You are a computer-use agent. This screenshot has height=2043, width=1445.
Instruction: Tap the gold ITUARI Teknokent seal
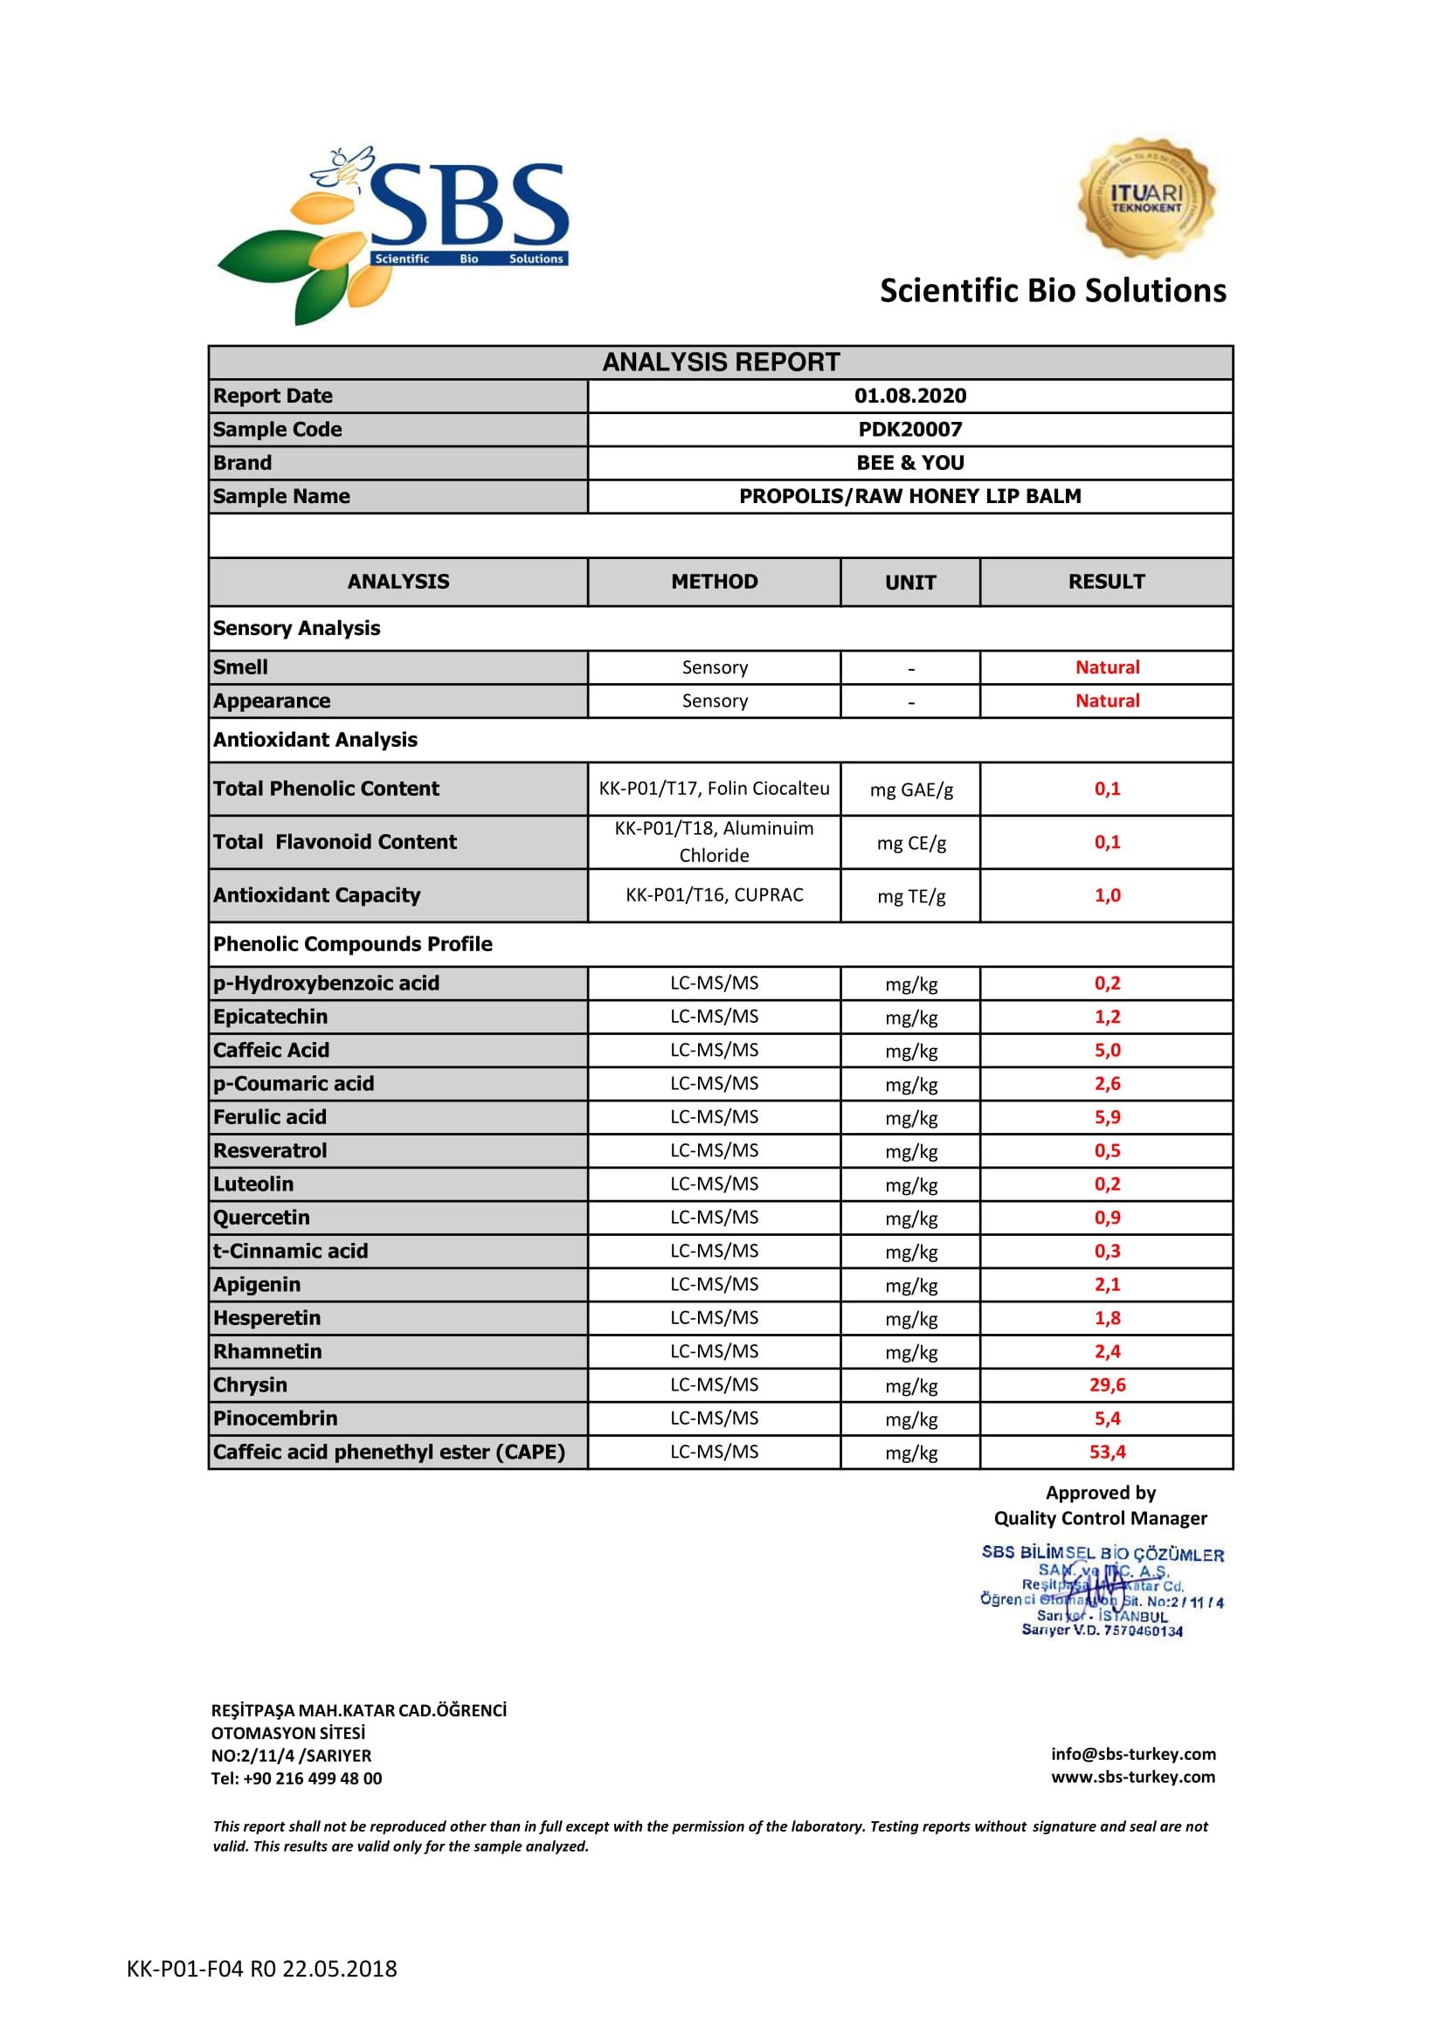point(1145,197)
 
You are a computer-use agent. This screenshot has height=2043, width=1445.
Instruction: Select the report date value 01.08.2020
point(909,396)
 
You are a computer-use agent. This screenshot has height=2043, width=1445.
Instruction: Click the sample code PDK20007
point(909,430)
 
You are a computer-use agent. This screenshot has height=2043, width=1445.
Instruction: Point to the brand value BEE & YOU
point(909,463)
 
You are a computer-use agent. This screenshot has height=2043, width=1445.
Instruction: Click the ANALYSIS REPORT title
point(721,362)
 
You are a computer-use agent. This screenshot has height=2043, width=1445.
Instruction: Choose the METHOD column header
point(714,582)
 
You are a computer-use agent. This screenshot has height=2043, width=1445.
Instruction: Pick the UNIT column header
point(909,583)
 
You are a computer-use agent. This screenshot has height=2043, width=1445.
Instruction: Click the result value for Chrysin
point(1107,1385)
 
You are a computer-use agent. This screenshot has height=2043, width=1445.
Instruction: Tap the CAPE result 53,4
point(1107,1453)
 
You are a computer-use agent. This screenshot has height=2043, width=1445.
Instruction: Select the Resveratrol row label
point(270,1150)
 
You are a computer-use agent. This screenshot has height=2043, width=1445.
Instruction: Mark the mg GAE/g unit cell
point(910,790)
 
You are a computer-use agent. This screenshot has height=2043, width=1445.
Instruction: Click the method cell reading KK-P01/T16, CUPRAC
point(714,895)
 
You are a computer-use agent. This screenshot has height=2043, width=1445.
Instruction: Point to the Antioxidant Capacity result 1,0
point(1107,895)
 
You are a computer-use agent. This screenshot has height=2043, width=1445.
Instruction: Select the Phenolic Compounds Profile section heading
point(352,944)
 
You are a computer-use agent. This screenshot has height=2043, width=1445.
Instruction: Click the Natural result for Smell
point(1107,667)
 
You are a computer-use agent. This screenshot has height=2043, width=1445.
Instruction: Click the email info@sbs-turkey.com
point(1133,1754)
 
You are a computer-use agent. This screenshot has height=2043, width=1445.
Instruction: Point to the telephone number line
point(296,1778)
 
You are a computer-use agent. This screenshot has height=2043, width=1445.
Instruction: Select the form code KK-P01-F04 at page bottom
point(261,1969)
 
